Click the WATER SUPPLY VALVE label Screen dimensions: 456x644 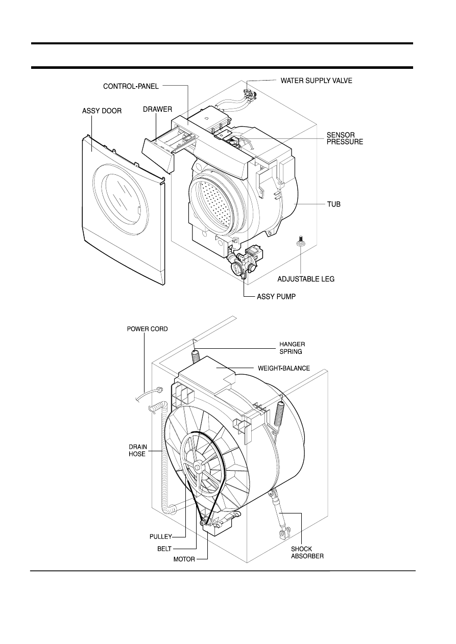tap(317, 81)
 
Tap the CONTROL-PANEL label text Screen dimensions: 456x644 tap(131, 87)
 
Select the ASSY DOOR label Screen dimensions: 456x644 tap(102, 111)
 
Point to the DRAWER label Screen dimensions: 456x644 tap(157, 109)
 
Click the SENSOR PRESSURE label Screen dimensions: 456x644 tap(345, 138)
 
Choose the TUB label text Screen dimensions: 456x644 tap(334, 204)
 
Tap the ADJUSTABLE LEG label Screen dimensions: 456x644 tap(306, 279)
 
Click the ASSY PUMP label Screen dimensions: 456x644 tap(276, 297)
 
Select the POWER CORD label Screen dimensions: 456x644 tap(148, 329)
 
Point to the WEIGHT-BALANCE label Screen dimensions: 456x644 tap(284, 368)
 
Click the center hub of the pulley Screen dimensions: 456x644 tap(198, 466)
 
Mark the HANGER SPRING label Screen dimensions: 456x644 tap(292, 348)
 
